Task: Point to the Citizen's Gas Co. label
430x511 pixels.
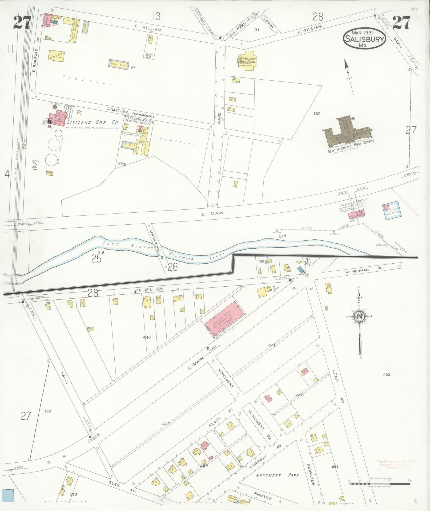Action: coord(93,122)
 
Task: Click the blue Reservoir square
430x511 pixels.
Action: coord(391,210)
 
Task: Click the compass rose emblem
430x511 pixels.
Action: coord(359,316)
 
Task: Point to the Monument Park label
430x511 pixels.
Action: coord(277,475)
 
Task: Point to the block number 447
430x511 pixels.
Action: coord(166,423)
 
